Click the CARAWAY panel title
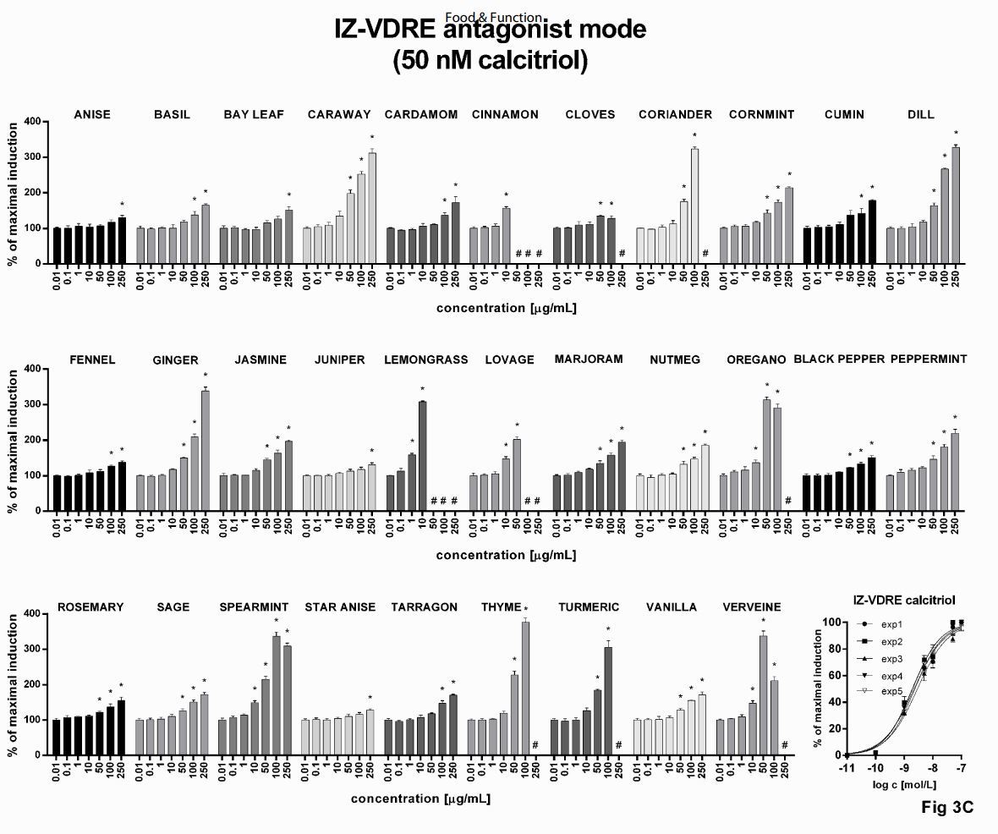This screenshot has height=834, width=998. coord(338,115)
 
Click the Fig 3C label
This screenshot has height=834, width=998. coord(946,807)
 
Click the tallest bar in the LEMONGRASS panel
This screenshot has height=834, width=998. coord(422,456)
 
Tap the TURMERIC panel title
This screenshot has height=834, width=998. coord(589,607)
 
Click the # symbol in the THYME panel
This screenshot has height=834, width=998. coord(535,745)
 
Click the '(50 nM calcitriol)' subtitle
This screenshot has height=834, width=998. coord(491,62)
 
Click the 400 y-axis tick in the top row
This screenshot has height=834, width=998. coord(31,122)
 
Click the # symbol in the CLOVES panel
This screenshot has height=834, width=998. coord(622,254)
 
